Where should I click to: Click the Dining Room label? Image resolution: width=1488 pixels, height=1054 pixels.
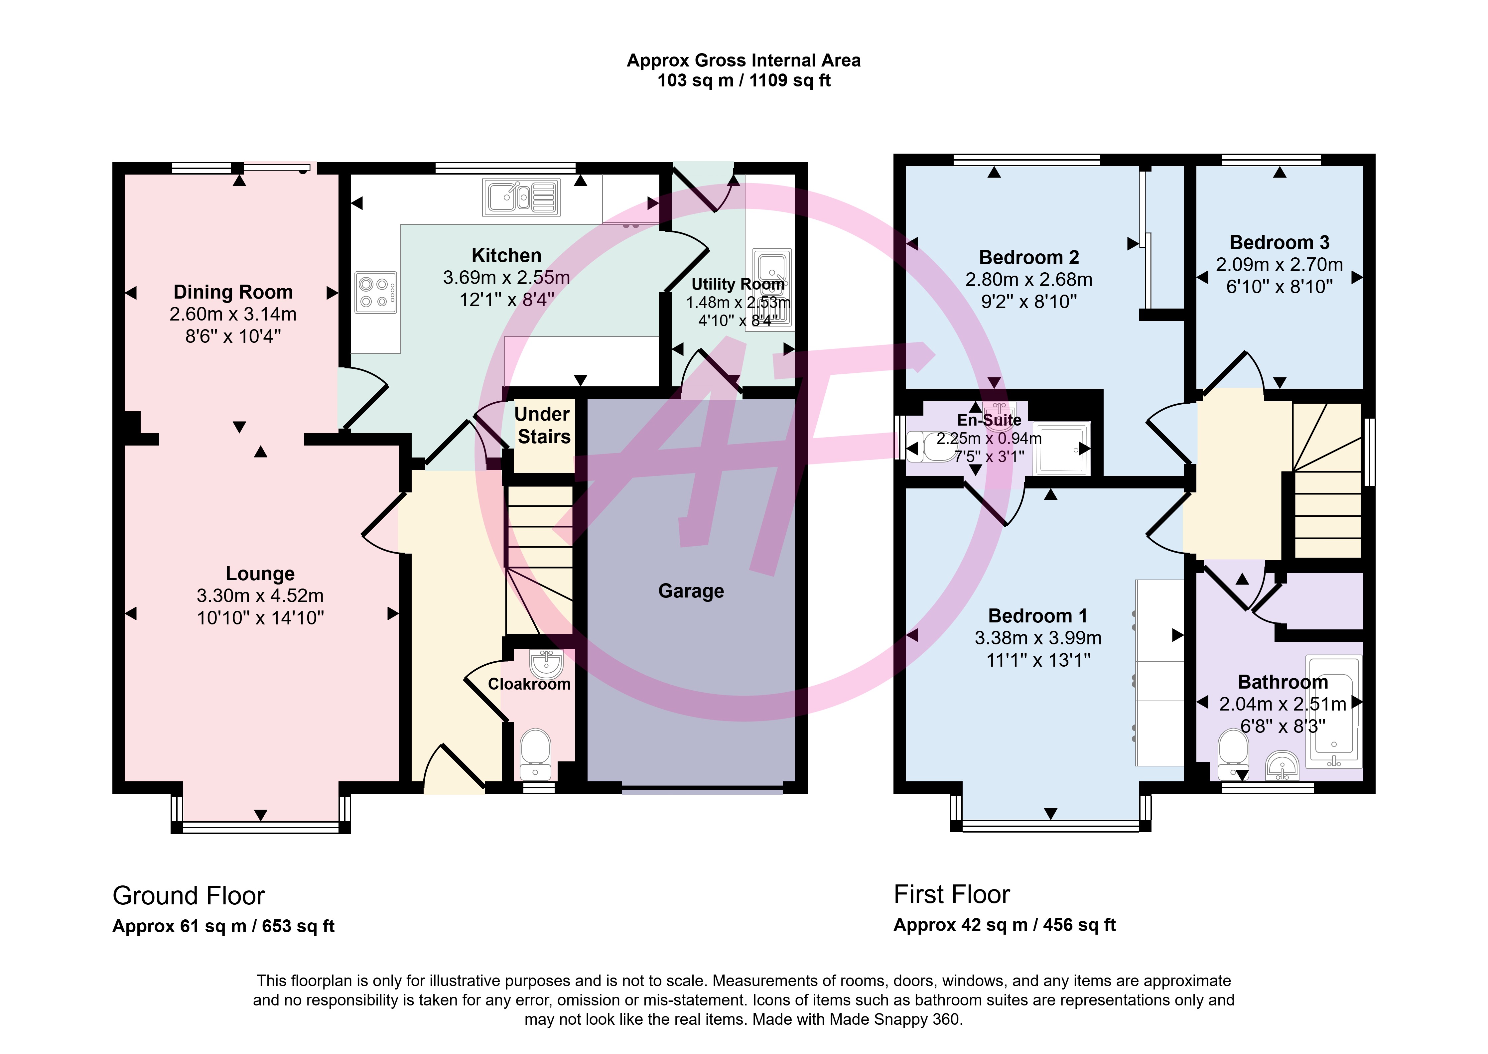pyautogui.click(x=233, y=292)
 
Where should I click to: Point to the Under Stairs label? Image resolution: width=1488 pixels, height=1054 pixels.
pyautogui.click(x=543, y=425)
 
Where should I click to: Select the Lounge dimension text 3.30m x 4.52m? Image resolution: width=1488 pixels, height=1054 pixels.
pyautogui.click(x=260, y=596)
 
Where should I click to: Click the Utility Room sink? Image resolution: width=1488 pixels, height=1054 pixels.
pyautogui.click(x=772, y=286)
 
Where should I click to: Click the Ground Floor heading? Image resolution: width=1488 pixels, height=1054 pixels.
pyautogui.click(x=189, y=896)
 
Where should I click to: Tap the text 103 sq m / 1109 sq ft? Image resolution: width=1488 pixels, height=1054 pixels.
pyautogui.click(x=744, y=80)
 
